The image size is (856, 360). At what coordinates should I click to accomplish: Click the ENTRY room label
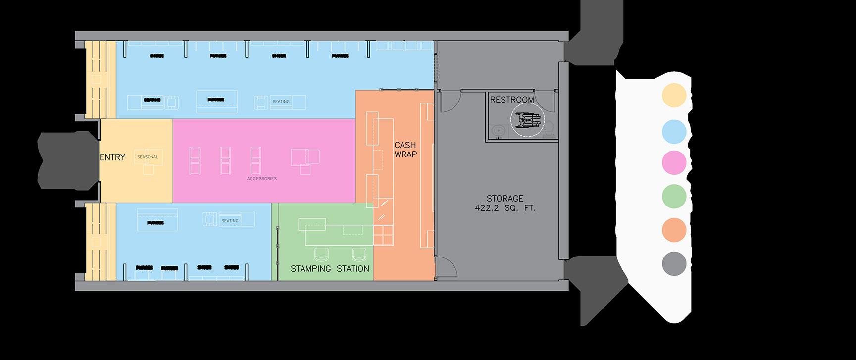point(113,157)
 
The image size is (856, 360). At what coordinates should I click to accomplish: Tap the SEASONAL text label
point(148,157)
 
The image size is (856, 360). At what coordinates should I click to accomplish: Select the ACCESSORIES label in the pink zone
point(262,178)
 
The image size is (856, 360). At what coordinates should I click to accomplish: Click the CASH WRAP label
point(405,150)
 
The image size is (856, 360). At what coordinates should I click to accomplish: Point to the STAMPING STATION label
point(330,269)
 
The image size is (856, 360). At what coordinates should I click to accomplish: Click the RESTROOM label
point(512,100)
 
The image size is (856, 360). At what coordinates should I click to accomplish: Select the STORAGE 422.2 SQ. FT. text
point(505,204)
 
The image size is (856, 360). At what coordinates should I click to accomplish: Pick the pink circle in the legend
point(674,163)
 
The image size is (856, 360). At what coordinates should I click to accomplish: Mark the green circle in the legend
point(674,196)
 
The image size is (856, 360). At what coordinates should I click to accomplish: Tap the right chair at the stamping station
point(359,256)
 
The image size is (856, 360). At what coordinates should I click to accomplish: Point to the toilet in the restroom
point(549,130)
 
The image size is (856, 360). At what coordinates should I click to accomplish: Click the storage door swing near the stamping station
point(446,267)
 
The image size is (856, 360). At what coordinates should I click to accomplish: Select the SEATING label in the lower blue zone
point(230,221)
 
